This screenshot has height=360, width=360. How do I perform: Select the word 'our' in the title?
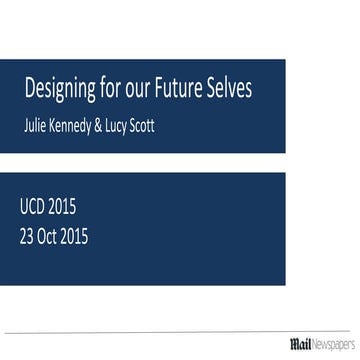[142, 91]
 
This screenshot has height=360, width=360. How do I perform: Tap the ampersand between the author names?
[125, 126]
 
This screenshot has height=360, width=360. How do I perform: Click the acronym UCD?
[33, 208]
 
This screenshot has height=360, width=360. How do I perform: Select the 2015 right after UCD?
[63, 208]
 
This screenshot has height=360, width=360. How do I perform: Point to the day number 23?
[27, 237]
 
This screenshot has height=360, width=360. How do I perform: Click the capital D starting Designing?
[29, 90]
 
